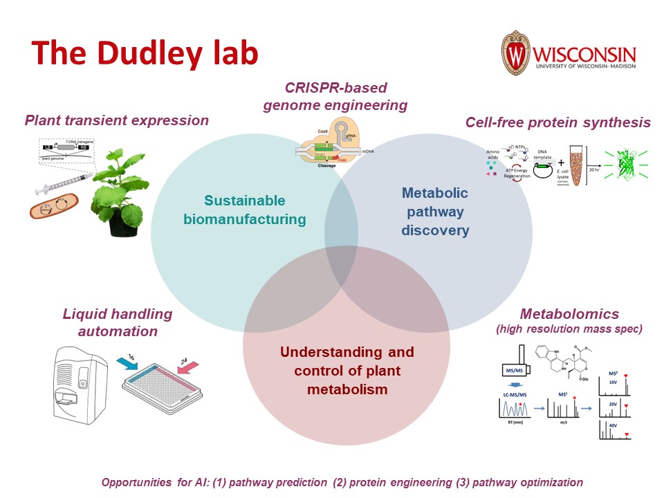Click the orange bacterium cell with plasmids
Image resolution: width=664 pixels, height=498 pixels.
[x=55, y=206]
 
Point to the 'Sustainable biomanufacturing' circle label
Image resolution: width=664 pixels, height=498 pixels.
[x=244, y=210]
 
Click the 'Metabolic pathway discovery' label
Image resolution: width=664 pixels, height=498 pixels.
[x=435, y=211]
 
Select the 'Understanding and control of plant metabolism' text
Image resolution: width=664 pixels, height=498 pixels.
[x=347, y=371]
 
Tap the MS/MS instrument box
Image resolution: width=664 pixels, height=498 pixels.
[x=513, y=371]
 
